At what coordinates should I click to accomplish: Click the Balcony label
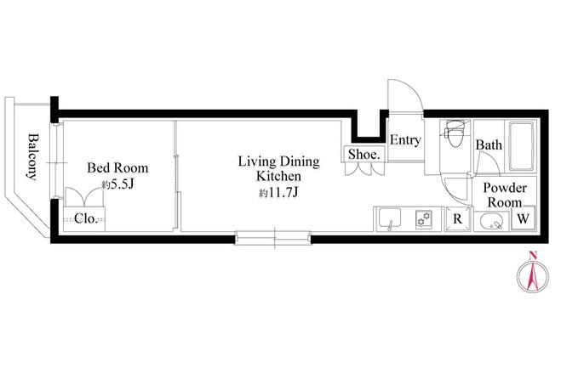tap(33, 157)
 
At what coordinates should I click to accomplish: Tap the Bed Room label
tap(117, 167)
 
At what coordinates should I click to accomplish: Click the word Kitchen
tap(279, 176)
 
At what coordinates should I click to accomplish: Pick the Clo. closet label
tap(86, 218)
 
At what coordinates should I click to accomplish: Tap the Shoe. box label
tap(364, 154)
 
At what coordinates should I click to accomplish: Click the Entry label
tap(405, 139)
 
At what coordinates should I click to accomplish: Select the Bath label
tap(489, 144)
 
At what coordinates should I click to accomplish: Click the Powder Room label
tap(505, 195)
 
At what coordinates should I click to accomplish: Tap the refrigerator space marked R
tap(458, 218)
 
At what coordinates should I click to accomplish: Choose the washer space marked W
tap(523, 218)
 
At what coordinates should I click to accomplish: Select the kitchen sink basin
tap(389, 218)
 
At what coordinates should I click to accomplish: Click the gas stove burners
tap(424, 218)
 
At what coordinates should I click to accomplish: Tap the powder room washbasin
tap(491, 222)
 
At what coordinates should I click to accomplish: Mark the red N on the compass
tap(533, 255)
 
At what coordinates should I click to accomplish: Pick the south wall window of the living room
tap(273, 237)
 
